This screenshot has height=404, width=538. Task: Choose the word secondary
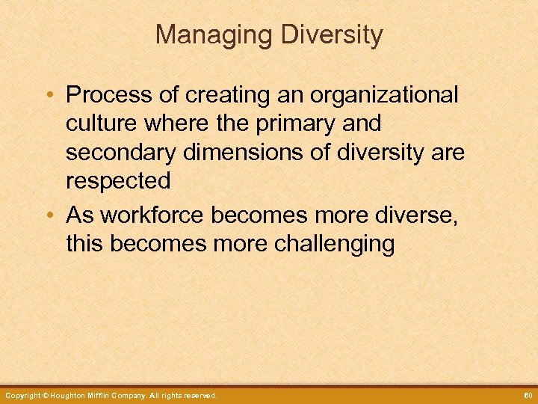(118, 153)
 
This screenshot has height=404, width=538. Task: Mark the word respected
(117, 181)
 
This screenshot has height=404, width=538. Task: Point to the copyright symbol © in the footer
(45, 395)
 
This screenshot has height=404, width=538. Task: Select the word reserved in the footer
(198, 395)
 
